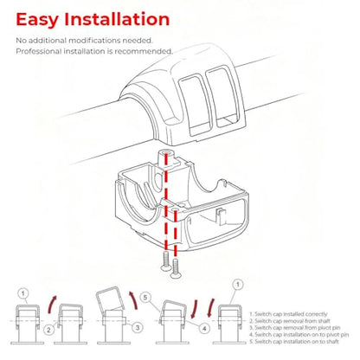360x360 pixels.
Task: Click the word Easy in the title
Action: [37, 20]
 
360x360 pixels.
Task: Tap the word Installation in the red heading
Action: [117, 19]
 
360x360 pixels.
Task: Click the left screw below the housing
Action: [166, 260]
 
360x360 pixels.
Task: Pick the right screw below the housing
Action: [176, 268]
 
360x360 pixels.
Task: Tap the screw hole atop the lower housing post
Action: [166, 152]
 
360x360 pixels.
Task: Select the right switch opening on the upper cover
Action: [224, 97]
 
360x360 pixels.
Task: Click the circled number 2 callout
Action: [48, 330]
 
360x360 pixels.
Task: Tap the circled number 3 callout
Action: [138, 327]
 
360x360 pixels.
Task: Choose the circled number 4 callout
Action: [204, 329]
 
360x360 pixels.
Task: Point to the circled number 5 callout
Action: [145, 298]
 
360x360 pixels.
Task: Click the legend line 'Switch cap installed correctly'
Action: [288, 314]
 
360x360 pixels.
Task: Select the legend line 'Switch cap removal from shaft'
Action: [290, 321]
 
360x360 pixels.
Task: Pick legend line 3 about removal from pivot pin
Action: [295, 328]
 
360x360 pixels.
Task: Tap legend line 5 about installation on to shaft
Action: [294, 342]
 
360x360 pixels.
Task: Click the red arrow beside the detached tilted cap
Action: [134, 304]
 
